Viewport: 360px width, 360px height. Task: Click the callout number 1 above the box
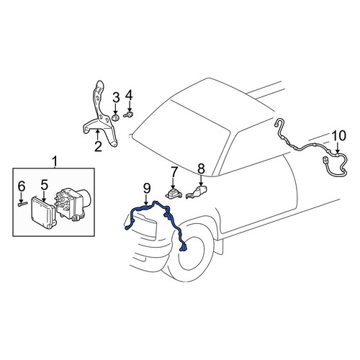(x=55, y=161)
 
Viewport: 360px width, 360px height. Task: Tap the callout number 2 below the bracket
(x=98, y=146)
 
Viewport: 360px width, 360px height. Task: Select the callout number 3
(x=116, y=97)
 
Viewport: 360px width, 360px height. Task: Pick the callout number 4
(x=129, y=96)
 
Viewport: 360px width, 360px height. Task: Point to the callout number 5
(x=45, y=185)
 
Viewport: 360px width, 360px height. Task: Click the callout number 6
(x=22, y=186)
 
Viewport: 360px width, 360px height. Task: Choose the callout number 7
(x=174, y=173)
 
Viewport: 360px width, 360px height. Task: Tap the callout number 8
(x=201, y=168)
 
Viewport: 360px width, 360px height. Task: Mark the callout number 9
(x=147, y=189)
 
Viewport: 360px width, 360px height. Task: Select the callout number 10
(x=338, y=135)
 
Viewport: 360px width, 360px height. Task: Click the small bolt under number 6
(x=23, y=204)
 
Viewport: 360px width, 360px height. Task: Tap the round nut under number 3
(x=116, y=118)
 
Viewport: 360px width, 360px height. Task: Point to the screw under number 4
(x=129, y=114)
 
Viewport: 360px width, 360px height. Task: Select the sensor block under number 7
(x=174, y=194)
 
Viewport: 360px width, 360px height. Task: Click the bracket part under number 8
(x=197, y=192)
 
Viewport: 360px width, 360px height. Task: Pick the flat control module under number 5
(x=43, y=213)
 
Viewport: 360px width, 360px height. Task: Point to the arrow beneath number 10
(x=338, y=148)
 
